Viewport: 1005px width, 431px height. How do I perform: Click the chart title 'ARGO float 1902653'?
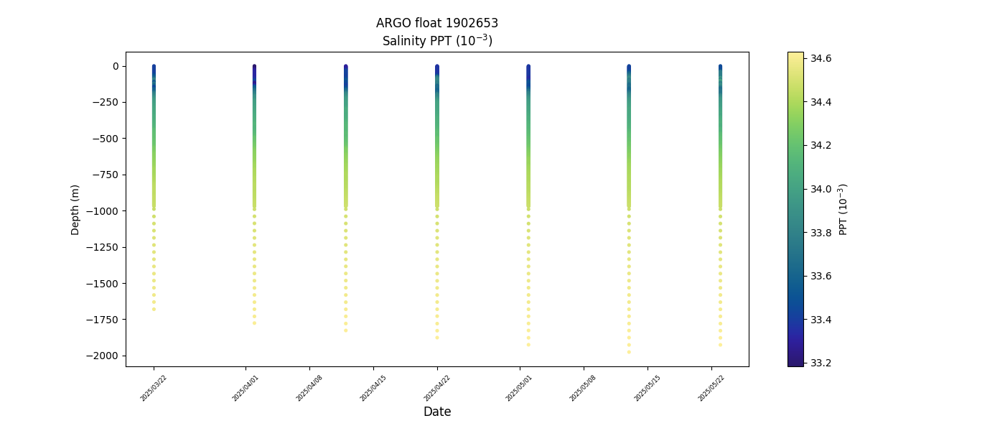[436, 23]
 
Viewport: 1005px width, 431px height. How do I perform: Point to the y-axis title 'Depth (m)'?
[75, 209]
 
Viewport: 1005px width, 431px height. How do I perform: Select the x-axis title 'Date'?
[436, 412]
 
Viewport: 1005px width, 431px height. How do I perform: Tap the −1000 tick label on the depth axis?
[102, 210]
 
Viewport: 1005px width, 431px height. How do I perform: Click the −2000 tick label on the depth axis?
[102, 356]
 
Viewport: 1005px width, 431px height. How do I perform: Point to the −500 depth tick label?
[105, 139]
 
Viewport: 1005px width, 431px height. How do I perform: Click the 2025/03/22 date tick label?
[154, 388]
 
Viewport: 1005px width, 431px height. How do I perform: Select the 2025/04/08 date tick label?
[309, 388]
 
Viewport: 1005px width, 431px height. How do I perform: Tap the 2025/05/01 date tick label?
[519, 388]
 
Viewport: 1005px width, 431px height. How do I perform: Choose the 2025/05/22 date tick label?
[711, 388]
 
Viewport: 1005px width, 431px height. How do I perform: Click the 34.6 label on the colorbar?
[821, 58]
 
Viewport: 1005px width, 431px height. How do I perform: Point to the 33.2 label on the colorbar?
[821, 363]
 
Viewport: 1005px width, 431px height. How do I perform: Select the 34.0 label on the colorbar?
[821, 189]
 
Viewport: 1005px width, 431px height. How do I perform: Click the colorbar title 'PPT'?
[843, 209]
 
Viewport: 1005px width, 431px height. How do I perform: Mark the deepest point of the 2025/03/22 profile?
[154, 309]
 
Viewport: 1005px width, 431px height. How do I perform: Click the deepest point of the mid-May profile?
[629, 352]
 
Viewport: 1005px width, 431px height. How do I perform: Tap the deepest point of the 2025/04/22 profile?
[436, 338]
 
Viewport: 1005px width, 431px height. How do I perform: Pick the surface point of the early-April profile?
[254, 66]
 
